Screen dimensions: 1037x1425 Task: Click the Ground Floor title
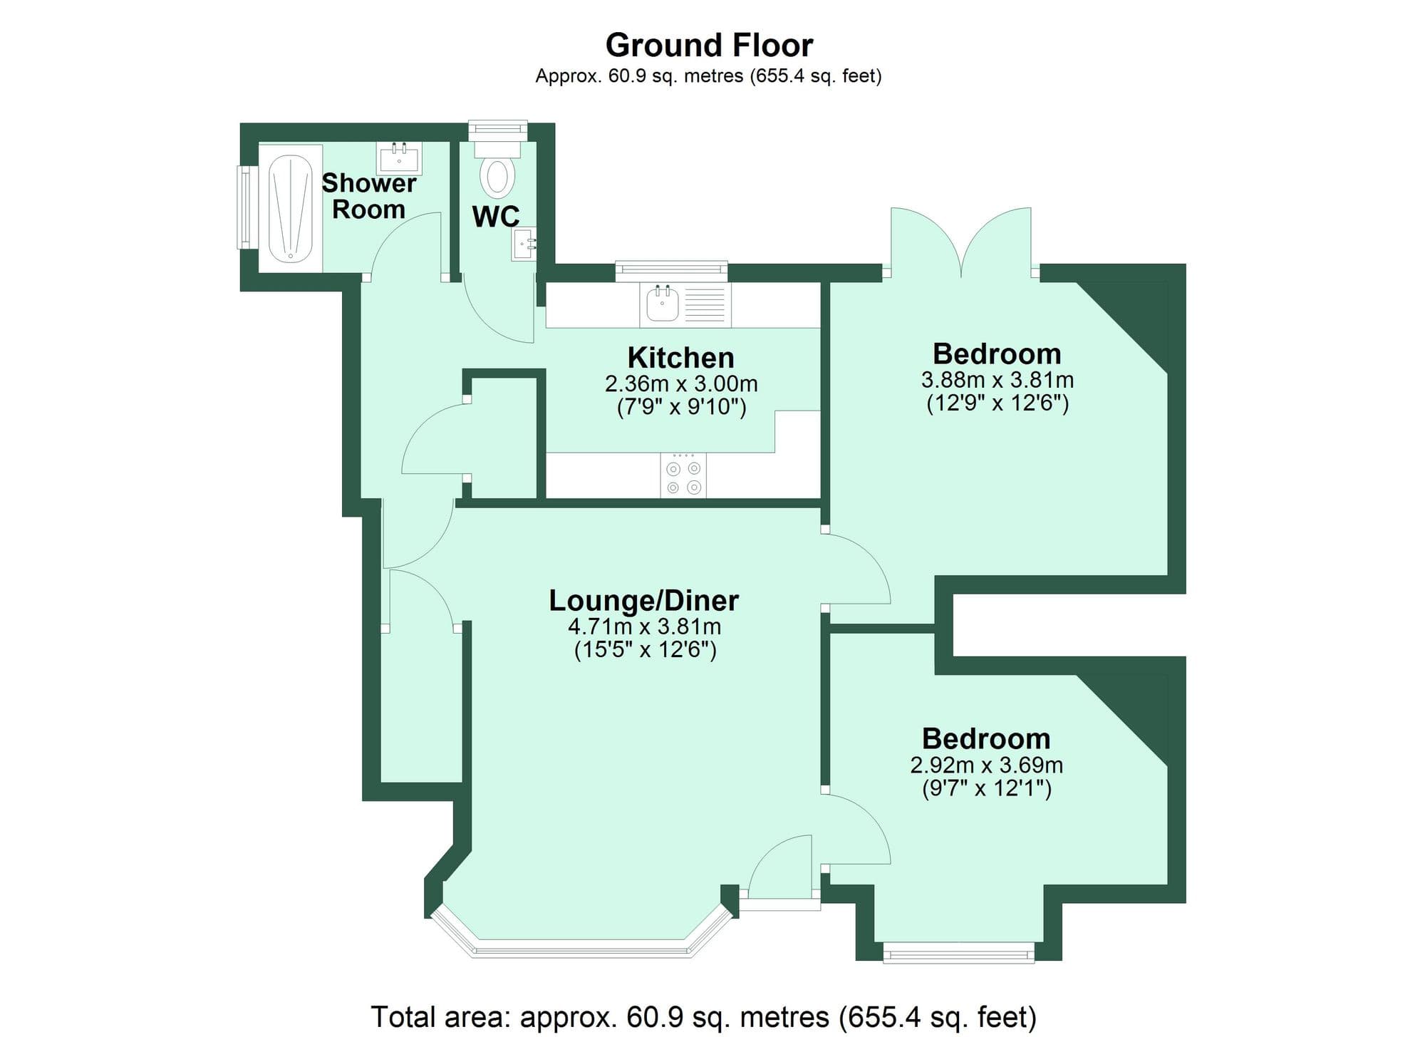[x=708, y=46]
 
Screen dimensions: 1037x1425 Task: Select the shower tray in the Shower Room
[x=291, y=207]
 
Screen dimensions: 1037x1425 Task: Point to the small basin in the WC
[x=524, y=244]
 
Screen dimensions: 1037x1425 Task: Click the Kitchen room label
[x=680, y=357]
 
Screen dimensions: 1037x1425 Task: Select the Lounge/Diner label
[x=643, y=600]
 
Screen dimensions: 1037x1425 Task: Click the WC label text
[x=496, y=217]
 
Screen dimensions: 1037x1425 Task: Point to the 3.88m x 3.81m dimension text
[x=997, y=380]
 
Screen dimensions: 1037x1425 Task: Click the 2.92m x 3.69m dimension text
[x=986, y=765]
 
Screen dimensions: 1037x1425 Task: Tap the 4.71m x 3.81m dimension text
[x=644, y=626]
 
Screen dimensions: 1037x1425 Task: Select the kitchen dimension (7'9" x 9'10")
[x=680, y=408]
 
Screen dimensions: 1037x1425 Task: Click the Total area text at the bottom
[x=703, y=1016]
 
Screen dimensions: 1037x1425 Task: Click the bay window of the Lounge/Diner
[x=581, y=948]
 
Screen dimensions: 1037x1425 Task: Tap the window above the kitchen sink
[x=671, y=268]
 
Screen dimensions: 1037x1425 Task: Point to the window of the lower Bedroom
[x=958, y=952]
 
